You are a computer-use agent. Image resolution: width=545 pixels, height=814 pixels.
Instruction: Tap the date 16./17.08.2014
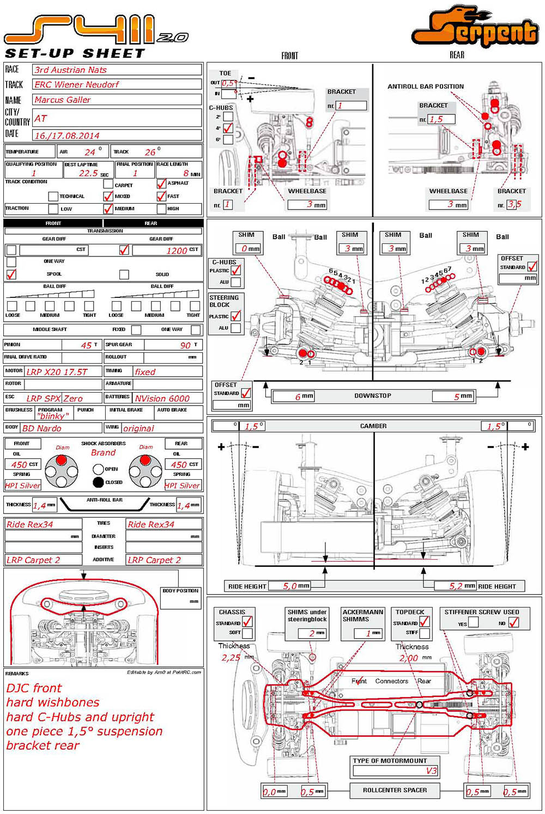click(x=66, y=136)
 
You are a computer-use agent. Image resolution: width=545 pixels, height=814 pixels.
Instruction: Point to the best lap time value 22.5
click(x=88, y=173)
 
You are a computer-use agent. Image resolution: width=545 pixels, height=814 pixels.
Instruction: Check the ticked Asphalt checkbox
click(x=161, y=184)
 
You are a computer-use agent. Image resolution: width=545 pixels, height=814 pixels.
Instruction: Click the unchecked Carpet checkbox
click(x=108, y=184)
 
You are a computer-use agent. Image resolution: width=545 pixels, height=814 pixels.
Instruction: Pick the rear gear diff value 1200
click(x=177, y=250)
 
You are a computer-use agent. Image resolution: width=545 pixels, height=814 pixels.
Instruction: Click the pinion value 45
click(x=86, y=345)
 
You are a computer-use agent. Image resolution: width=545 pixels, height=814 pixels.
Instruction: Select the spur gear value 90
click(x=185, y=345)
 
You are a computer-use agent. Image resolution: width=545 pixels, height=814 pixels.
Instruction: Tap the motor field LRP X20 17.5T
click(x=57, y=372)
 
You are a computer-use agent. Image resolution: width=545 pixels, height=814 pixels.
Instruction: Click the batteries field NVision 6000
click(x=162, y=399)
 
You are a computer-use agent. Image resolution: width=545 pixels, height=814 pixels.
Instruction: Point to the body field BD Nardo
click(x=42, y=429)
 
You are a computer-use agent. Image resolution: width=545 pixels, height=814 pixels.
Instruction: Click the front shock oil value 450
click(x=19, y=464)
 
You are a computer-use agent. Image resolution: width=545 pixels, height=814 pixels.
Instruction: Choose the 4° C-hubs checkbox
click(x=228, y=128)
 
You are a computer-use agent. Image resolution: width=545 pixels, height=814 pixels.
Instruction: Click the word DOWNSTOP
click(x=373, y=396)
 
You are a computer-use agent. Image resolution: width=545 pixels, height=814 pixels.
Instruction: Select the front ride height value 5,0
click(x=289, y=586)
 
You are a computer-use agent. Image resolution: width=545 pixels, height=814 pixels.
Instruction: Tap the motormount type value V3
click(x=431, y=770)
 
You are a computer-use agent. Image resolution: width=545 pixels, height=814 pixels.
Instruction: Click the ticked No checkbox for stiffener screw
click(x=513, y=622)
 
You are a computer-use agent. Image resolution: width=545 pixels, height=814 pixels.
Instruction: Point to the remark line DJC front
click(x=34, y=688)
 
